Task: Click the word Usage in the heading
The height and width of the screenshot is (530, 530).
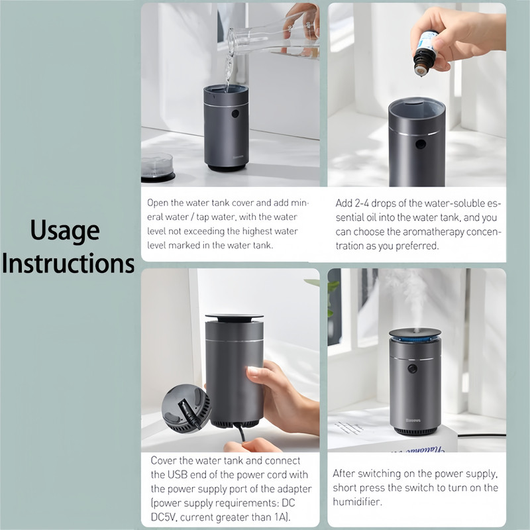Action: point(65,230)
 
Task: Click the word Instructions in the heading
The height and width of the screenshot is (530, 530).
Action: point(68,263)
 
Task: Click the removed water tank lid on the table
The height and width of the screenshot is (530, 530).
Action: point(157,168)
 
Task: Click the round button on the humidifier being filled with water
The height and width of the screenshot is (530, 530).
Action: point(235,113)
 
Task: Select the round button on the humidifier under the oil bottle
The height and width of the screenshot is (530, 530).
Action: point(421,144)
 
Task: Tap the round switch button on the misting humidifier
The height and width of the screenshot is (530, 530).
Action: point(412,368)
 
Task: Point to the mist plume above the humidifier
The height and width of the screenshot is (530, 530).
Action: point(411,297)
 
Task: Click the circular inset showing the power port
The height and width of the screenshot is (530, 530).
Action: point(185,408)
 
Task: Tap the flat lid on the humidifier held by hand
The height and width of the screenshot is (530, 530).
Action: point(234,317)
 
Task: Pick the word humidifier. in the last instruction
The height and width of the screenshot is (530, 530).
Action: point(357,502)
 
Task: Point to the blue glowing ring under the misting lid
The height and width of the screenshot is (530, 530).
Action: point(415,337)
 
